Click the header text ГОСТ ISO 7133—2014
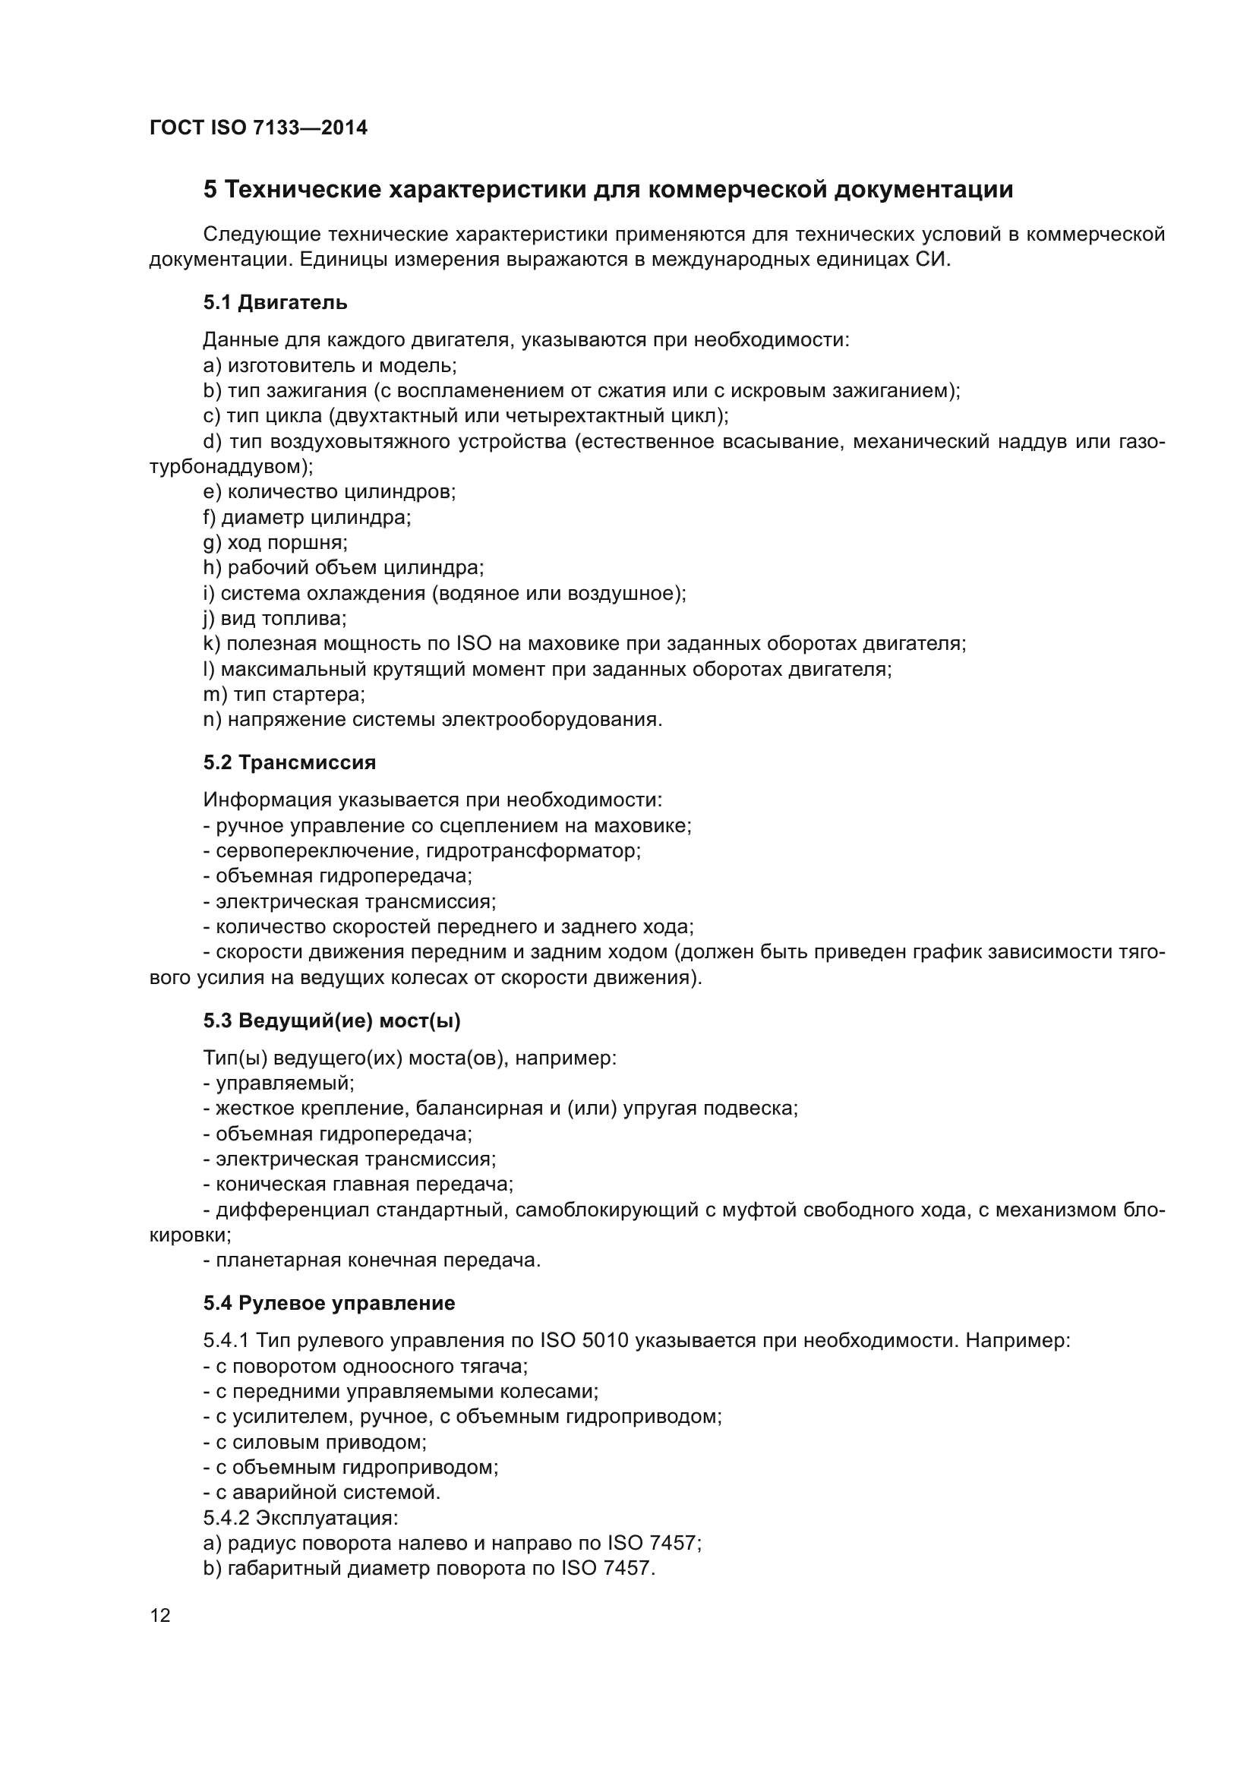(258, 128)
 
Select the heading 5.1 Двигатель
(275, 302)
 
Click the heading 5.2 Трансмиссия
(289, 762)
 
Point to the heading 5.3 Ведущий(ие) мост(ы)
(332, 1021)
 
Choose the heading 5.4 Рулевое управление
(329, 1304)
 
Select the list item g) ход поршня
(275, 543)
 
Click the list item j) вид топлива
(275, 619)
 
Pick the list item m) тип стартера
(284, 695)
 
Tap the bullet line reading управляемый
(279, 1083)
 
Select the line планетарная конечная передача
(372, 1260)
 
